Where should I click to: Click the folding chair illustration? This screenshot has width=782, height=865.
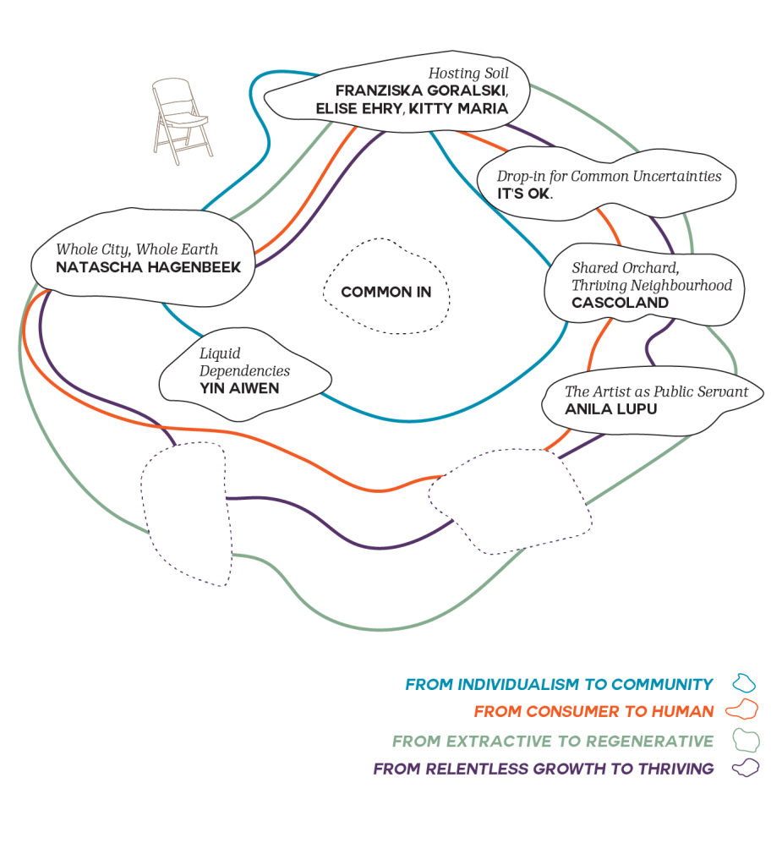[181, 121]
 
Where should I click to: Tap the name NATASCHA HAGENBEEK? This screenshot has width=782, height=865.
[148, 267]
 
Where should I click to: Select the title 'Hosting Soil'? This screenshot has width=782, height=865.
[468, 74]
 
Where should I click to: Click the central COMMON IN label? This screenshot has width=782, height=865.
[386, 293]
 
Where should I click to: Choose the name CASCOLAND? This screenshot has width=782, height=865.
[620, 303]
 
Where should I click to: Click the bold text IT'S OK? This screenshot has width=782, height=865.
[524, 194]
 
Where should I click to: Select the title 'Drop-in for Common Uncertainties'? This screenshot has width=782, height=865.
[609, 176]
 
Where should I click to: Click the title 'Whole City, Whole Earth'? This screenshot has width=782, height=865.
[137, 249]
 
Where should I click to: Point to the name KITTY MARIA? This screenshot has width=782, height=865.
[458, 108]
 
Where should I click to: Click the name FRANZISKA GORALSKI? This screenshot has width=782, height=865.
[421, 90]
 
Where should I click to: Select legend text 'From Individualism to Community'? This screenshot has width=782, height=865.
[559, 685]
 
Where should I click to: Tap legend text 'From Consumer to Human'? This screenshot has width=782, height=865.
[593, 712]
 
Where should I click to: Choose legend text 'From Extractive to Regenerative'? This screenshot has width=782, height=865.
[553, 742]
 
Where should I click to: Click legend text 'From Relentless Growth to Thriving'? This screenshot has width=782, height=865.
[544, 769]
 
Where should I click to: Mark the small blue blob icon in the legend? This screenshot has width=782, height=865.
[744, 683]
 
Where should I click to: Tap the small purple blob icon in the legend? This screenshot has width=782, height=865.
[745, 768]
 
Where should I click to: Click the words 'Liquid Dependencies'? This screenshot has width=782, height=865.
[244, 361]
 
